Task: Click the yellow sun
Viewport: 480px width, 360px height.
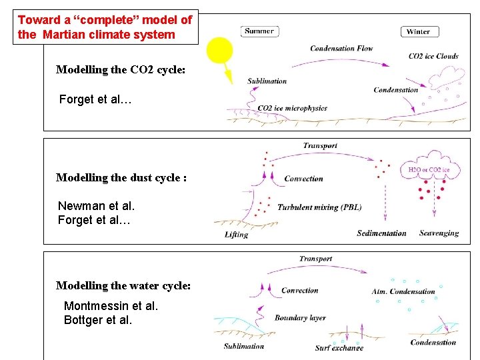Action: click(x=219, y=51)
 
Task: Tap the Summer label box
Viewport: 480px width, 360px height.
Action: click(x=259, y=31)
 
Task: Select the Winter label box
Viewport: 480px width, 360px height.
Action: click(x=418, y=31)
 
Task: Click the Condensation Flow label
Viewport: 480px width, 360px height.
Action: click(x=341, y=48)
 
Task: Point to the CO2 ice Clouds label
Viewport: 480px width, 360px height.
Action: click(x=433, y=56)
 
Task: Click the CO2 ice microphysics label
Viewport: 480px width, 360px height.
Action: click(x=292, y=108)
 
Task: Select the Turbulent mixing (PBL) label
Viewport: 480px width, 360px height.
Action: click(x=319, y=207)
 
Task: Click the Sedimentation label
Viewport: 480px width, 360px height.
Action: click(x=381, y=233)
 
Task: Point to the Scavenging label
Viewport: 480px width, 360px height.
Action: click(x=439, y=233)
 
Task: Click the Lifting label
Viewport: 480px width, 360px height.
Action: click(x=237, y=235)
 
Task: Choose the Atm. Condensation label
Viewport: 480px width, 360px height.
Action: click(x=403, y=291)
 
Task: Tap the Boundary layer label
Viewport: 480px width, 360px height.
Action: click(x=300, y=318)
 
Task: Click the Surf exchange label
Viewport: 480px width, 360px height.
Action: click(x=339, y=347)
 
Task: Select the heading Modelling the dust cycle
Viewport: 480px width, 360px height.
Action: click(x=121, y=177)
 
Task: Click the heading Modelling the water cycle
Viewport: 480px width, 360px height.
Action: click(x=123, y=285)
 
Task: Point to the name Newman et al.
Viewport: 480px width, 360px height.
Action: click(x=96, y=206)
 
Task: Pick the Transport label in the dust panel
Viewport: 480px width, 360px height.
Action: click(x=320, y=145)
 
